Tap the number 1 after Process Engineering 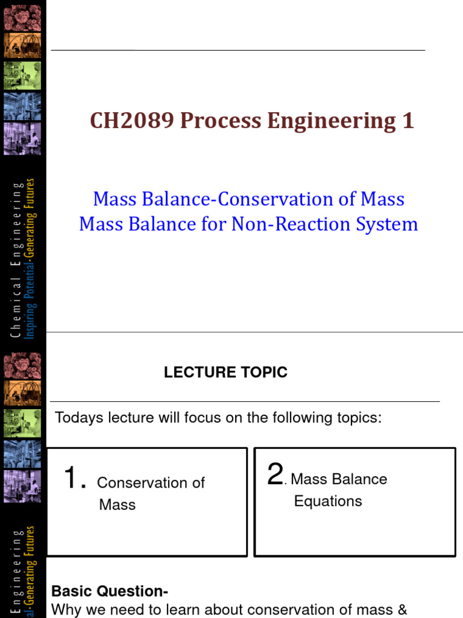click(x=408, y=121)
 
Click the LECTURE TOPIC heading click(x=225, y=372)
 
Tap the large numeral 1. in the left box click(x=75, y=480)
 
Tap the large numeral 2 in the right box click(x=275, y=475)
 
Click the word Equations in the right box click(x=328, y=502)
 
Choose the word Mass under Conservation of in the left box click(x=118, y=505)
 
